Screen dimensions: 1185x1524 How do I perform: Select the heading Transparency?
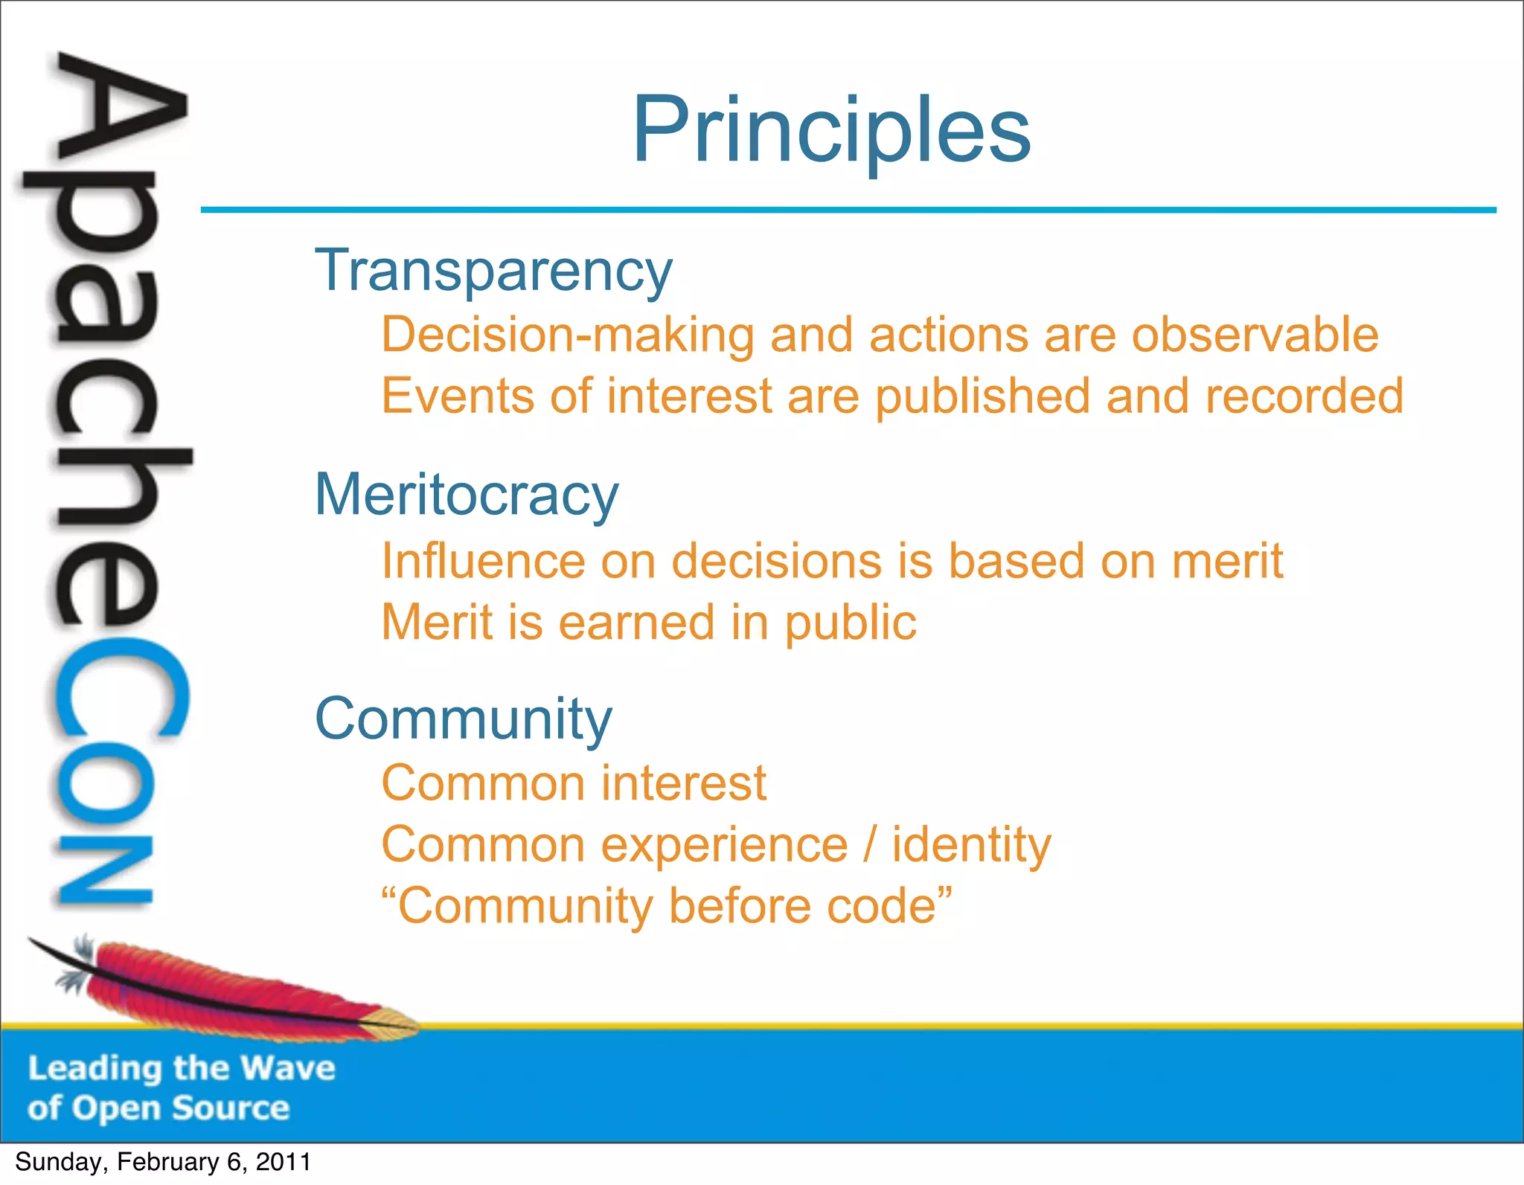click(x=493, y=271)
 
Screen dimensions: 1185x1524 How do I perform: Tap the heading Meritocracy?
click(x=466, y=495)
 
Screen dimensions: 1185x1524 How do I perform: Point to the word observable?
click(x=1255, y=335)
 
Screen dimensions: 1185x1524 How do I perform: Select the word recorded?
click(x=1304, y=396)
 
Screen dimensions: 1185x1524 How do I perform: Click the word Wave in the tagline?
click(x=288, y=1068)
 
